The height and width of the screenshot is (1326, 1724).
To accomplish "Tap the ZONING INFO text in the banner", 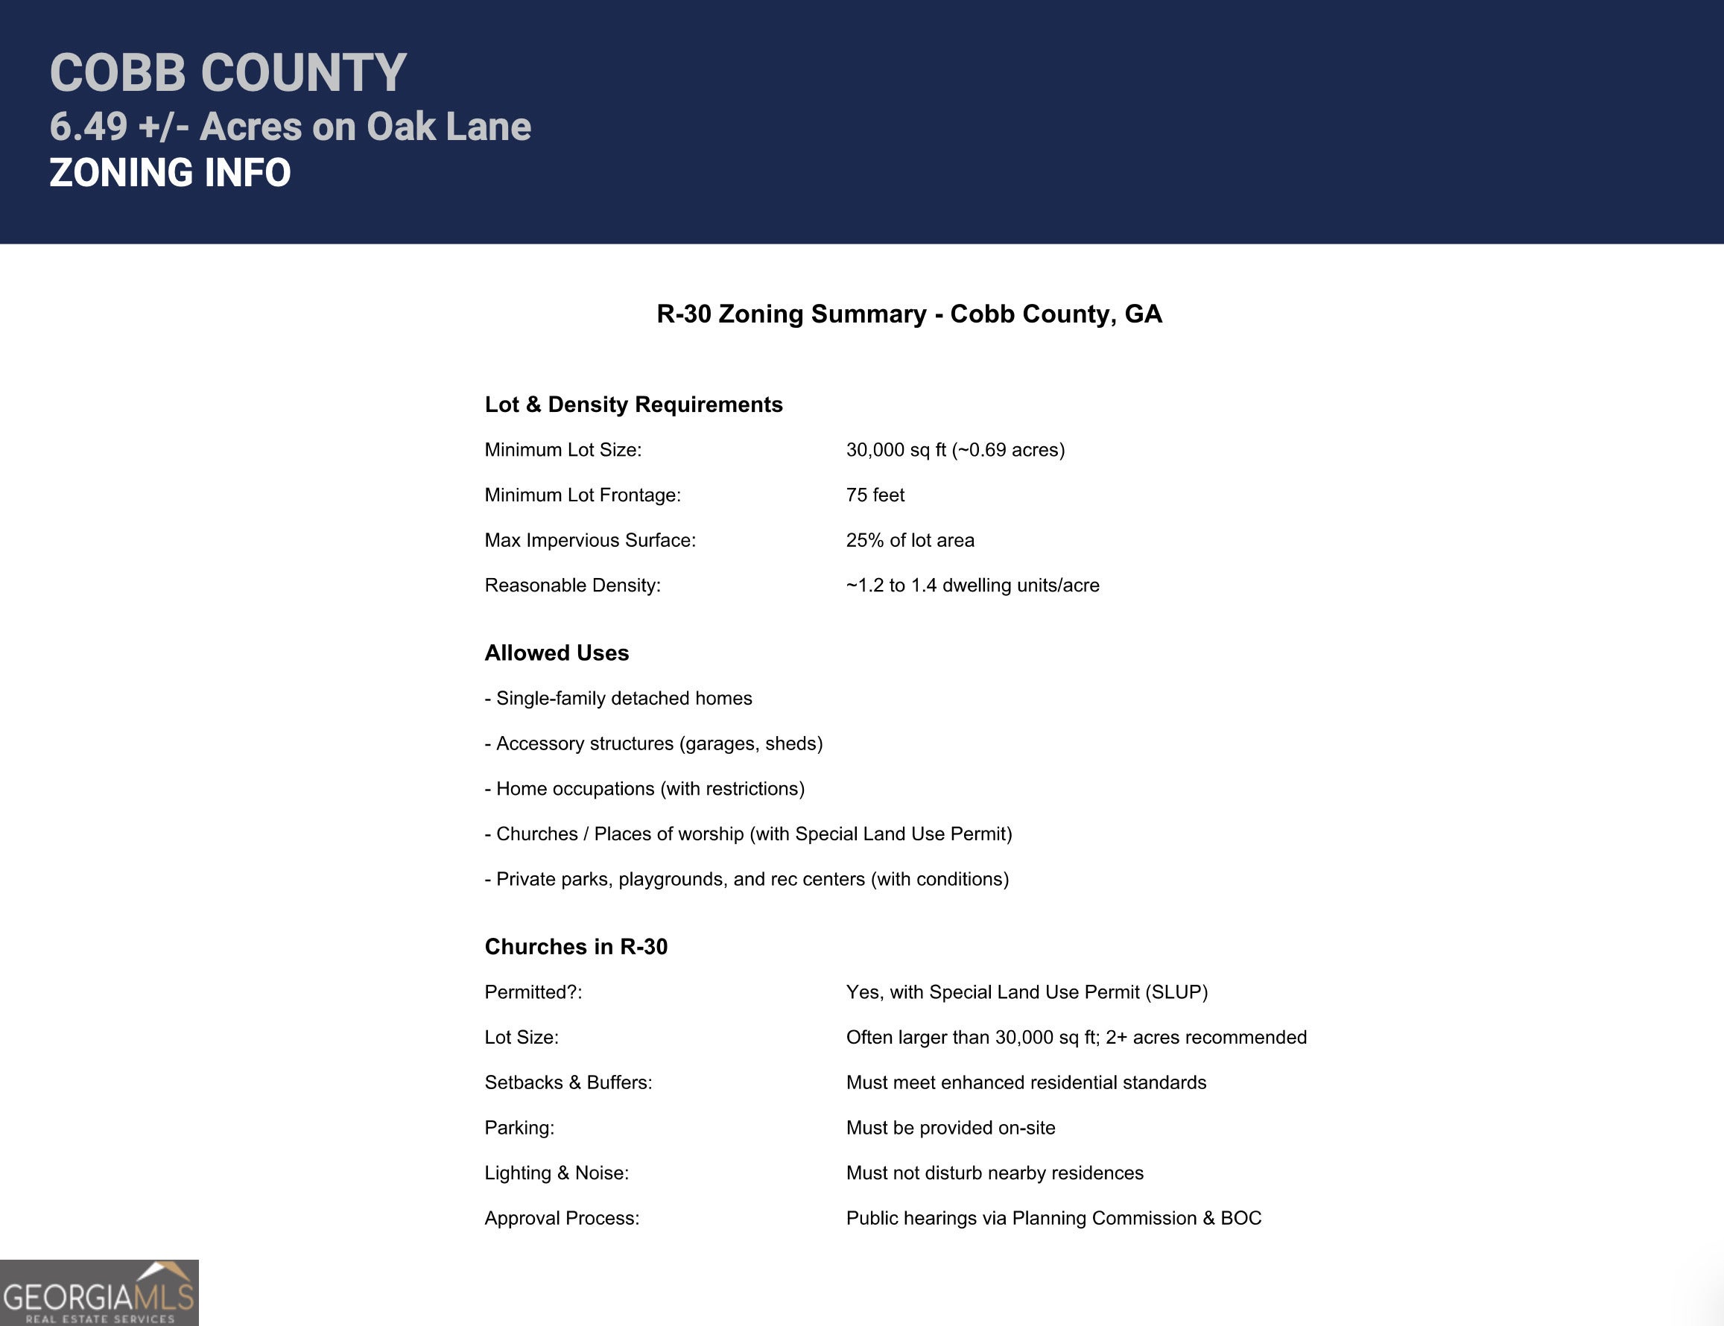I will [x=170, y=173].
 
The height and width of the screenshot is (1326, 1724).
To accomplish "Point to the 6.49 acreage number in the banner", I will [x=89, y=127].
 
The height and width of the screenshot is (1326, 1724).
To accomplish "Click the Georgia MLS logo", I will [x=98, y=1294].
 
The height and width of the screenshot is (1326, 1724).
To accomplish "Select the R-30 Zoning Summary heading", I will [x=909, y=314].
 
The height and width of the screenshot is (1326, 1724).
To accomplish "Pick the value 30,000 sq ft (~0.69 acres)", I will [x=955, y=450].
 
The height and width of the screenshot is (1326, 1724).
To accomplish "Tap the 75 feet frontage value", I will [x=875, y=495].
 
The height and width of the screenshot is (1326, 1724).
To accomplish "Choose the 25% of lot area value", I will [x=910, y=540].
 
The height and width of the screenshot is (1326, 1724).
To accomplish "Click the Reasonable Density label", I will [x=572, y=585].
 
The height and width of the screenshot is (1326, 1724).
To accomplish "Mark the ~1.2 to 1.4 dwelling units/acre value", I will [x=972, y=585].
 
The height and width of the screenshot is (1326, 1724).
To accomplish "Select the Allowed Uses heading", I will [x=557, y=653].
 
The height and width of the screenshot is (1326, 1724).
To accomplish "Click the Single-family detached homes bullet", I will [x=619, y=698].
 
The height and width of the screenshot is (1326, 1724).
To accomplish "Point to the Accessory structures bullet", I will [x=653, y=743].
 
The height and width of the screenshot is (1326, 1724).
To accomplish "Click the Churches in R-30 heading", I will [x=575, y=946].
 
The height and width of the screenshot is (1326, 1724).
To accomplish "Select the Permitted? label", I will [x=533, y=992].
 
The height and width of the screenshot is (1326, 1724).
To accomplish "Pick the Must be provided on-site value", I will [x=951, y=1128].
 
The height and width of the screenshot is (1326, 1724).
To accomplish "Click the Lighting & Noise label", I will [x=557, y=1173].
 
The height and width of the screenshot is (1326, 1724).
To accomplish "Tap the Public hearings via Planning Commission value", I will [x=1053, y=1218].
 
